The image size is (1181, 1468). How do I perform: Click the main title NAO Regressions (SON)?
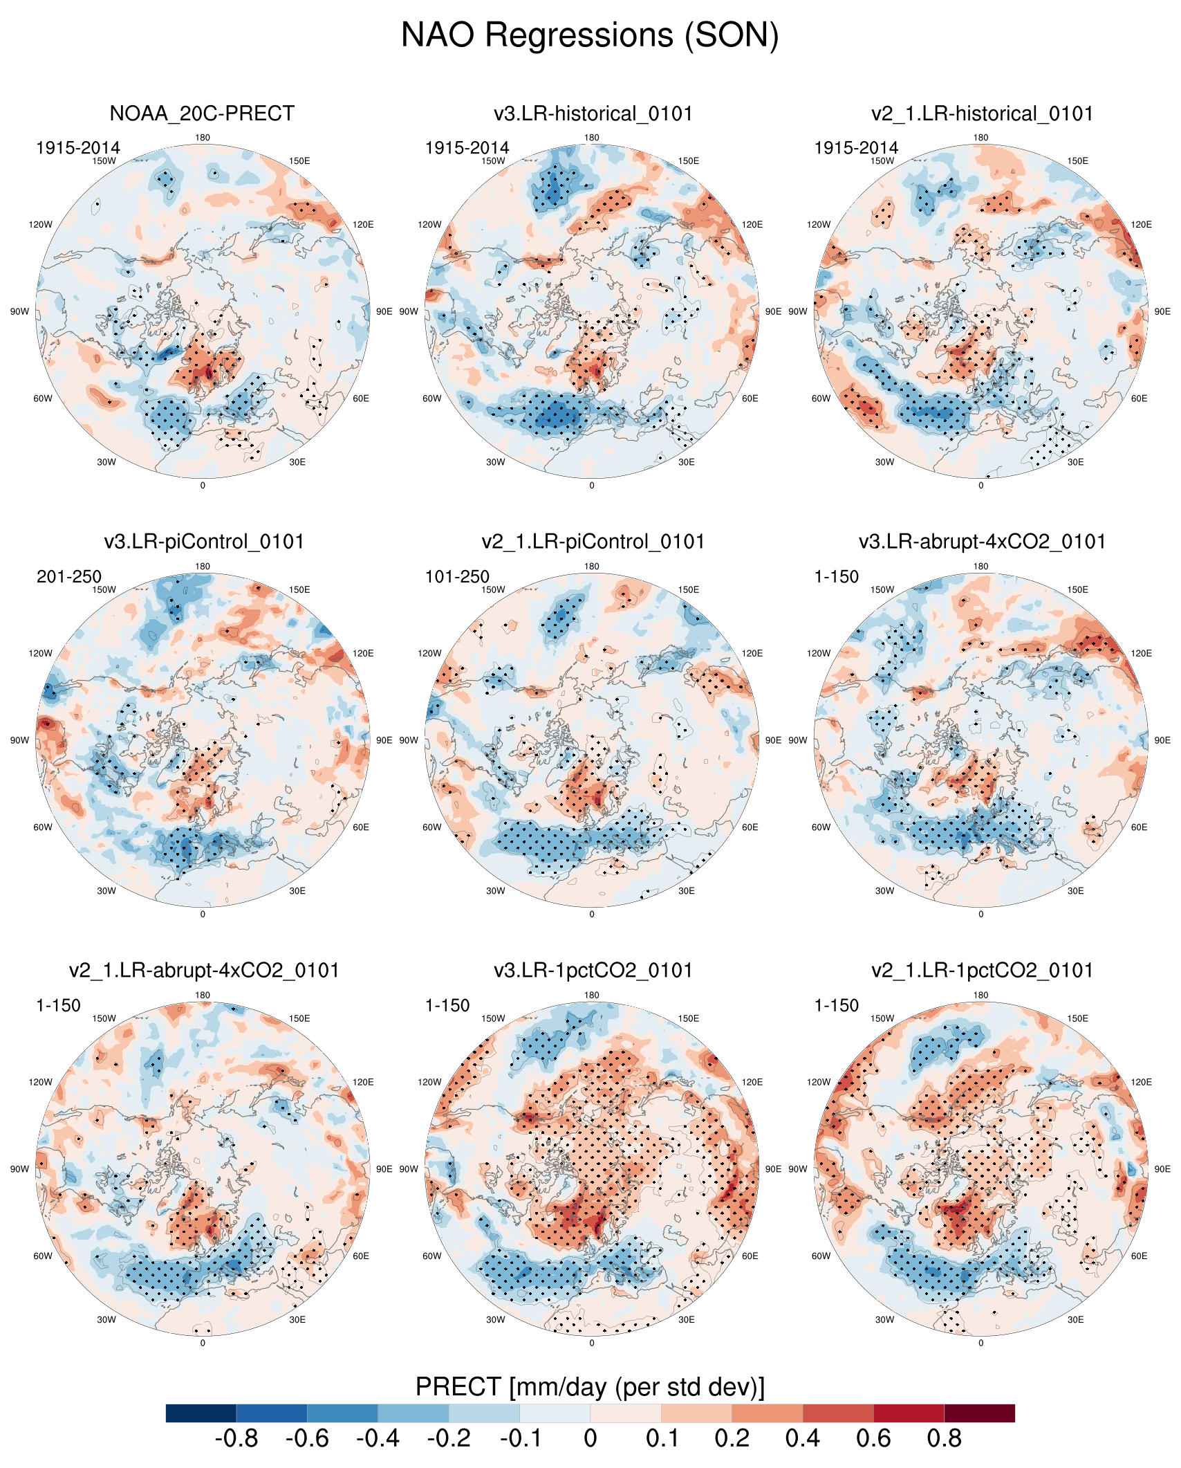click(590, 35)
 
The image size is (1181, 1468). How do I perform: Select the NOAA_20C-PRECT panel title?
click(202, 113)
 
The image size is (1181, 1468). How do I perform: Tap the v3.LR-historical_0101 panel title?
click(593, 113)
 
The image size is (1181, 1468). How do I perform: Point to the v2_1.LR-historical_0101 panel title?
click(982, 113)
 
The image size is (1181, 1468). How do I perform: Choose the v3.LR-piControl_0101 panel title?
click(204, 542)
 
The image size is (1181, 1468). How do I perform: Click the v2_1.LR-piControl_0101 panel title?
click(593, 542)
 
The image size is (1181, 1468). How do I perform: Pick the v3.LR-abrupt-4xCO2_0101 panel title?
click(982, 542)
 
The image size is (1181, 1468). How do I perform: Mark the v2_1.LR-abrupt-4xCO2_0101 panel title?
click(204, 971)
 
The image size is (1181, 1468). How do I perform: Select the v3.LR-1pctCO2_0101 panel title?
click(593, 971)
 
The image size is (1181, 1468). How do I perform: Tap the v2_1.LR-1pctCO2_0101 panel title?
click(982, 971)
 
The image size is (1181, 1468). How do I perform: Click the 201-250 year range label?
click(69, 576)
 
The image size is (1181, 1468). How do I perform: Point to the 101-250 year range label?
click(457, 576)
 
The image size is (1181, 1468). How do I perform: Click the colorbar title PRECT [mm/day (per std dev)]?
click(590, 1387)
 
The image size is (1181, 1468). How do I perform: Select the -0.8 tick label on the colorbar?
click(236, 1438)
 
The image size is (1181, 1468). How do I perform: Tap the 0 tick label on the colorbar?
click(590, 1438)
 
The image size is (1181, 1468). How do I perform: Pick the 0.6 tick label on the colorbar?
click(873, 1438)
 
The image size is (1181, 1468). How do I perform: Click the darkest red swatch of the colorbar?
click(979, 1413)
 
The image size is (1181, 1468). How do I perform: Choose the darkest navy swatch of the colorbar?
click(201, 1413)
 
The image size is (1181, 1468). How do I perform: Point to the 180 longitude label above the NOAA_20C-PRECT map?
click(203, 138)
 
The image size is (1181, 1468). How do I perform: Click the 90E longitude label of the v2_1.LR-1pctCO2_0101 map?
click(1162, 1169)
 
